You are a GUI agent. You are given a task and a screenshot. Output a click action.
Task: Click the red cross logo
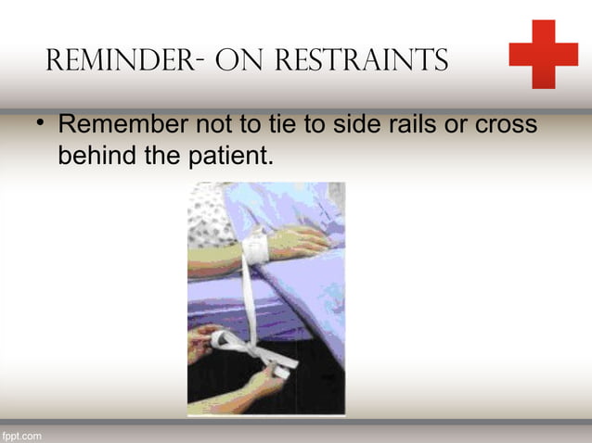click(543, 55)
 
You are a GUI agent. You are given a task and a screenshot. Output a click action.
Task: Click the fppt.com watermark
click(21, 434)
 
